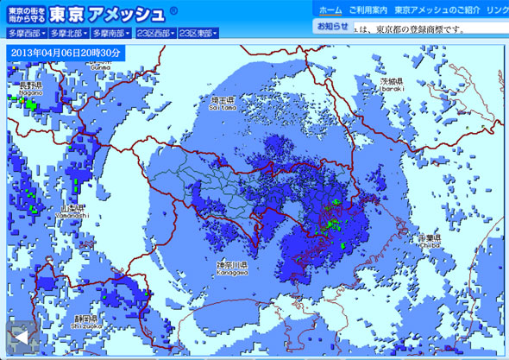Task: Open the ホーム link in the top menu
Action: pyautogui.click(x=330, y=9)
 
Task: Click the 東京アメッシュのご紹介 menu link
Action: pyautogui.click(x=437, y=9)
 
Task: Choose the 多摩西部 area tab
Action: pyautogui.click(x=27, y=34)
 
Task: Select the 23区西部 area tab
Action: pyautogui.click(x=155, y=34)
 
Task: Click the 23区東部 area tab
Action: pyautogui.click(x=198, y=34)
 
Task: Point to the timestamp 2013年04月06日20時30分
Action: pyautogui.click(x=66, y=52)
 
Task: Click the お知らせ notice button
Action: pyautogui.click(x=332, y=27)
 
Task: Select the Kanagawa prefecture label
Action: pyautogui.click(x=231, y=268)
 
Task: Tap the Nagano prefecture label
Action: pyautogui.click(x=30, y=90)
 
